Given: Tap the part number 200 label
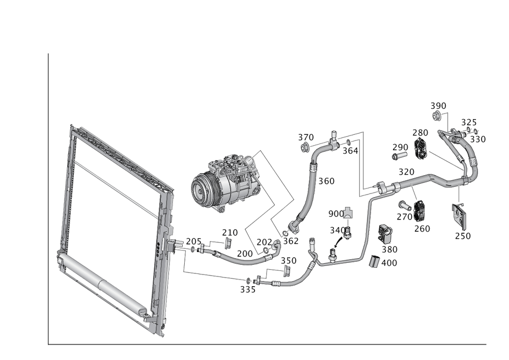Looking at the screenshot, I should click(x=245, y=253).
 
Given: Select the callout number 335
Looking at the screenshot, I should click(x=248, y=289).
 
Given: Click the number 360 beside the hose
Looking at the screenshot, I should click(x=326, y=181).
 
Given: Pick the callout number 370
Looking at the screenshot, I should click(x=305, y=138).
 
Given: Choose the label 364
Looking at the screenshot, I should click(x=350, y=151).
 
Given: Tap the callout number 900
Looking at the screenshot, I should click(x=336, y=213).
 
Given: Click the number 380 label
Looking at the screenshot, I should click(x=389, y=250).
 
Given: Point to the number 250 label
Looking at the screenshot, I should click(x=463, y=235).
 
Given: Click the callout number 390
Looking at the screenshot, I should click(x=438, y=106).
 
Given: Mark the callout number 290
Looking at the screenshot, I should click(x=400, y=147).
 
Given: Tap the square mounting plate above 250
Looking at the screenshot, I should click(x=460, y=214).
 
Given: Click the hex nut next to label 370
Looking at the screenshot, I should click(x=305, y=148).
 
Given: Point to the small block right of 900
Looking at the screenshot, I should click(x=348, y=213).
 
